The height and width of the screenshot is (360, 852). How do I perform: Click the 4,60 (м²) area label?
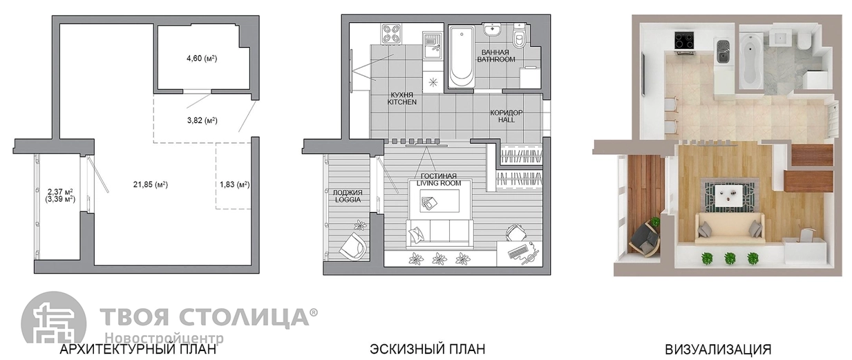point(202,59)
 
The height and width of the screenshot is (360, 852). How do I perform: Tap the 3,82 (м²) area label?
point(202,120)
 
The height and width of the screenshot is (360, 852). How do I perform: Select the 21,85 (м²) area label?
point(151,184)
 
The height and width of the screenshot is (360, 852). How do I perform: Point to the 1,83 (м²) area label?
point(235,184)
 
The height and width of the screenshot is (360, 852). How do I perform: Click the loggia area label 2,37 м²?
point(61,191)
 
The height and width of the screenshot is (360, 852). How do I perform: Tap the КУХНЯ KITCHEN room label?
point(402,98)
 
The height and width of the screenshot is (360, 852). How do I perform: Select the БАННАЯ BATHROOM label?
point(496,56)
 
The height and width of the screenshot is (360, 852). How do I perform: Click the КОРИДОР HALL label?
point(507,116)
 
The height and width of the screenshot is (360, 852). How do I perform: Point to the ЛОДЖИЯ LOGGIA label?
point(348,196)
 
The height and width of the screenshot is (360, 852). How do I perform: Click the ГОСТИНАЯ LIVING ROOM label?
point(439,180)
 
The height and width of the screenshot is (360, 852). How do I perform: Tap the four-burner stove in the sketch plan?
point(391,33)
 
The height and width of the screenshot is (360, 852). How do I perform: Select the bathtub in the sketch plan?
point(461,57)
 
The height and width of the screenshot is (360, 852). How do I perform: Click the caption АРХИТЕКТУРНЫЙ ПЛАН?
point(138,349)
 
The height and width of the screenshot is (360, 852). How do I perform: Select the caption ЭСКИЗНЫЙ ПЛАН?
point(428,349)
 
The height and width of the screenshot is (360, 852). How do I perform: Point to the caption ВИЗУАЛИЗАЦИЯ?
point(718,349)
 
